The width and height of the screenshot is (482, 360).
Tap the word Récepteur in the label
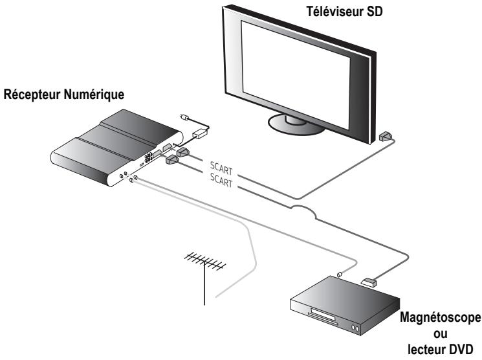pos(32,96)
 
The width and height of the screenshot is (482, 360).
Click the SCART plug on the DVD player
pos(368,282)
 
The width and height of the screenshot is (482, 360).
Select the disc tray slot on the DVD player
pos(322,315)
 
